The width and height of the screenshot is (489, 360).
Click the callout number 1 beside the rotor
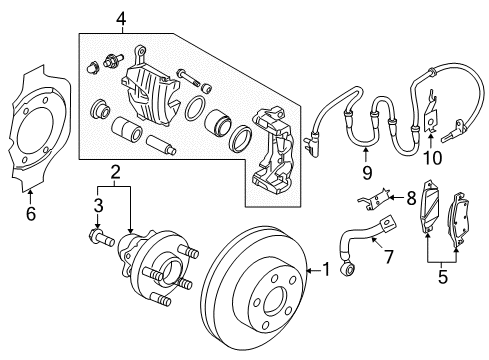click(x=324, y=269)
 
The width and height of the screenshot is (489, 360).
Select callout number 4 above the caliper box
click(x=120, y=17)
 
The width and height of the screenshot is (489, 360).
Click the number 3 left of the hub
click(x=98, y=206)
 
